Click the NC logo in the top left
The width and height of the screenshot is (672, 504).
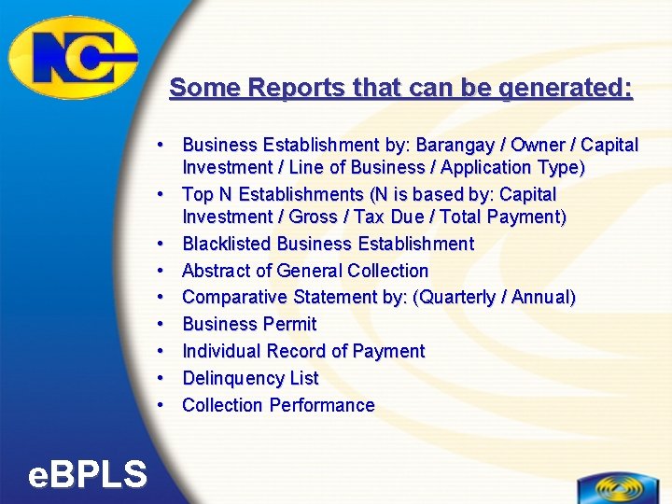coord(73,56)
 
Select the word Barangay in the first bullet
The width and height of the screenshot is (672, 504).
coord(454,145)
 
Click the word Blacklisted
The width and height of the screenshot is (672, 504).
coord(227,244)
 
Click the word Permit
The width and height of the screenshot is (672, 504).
coord(291,324)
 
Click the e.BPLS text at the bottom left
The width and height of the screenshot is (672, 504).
coord(87,475)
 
